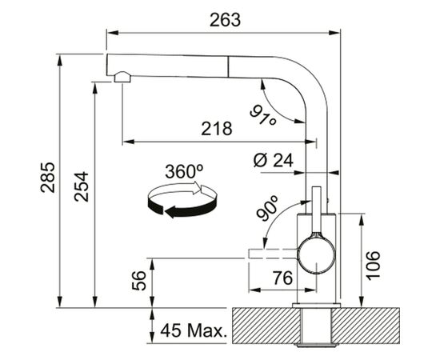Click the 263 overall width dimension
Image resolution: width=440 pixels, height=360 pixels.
point(225,20)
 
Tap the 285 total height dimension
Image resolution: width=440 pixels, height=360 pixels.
point(48,178)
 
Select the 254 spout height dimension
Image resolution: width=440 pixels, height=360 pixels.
point(81,186)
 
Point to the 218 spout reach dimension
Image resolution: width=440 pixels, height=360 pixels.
point(216,129)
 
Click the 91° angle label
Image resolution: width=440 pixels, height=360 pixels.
point(263,114)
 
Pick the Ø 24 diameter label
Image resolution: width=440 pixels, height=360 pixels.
point(273,161)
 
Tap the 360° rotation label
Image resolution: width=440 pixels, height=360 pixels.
point(184,171)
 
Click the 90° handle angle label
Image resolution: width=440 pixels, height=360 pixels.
point(267,208)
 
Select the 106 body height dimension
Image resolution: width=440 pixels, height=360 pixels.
point(374,266)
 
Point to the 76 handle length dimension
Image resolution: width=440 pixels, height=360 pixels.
point(282,278)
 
